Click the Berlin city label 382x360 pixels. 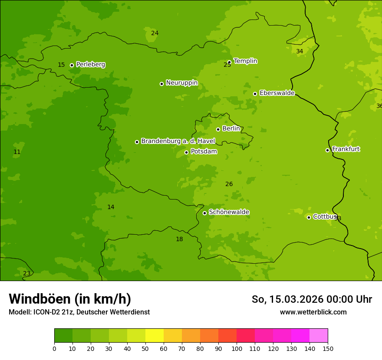231,129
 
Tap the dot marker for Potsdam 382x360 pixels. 187,152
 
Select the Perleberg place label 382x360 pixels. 91,65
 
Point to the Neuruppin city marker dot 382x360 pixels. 161,84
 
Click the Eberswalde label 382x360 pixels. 277,93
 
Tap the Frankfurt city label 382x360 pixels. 346,149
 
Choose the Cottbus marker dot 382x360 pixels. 309,217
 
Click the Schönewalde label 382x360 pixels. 229,212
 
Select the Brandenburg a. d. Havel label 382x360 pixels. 178,141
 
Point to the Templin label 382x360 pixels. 245,61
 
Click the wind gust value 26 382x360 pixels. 229,184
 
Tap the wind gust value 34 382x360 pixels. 300,52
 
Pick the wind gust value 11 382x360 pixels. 17,152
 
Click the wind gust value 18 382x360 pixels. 179,239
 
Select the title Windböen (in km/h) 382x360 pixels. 70,299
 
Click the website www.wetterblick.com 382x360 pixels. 313,312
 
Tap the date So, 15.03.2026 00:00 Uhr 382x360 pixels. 312,299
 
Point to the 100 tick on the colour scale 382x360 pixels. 237,348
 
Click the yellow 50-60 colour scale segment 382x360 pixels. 155,336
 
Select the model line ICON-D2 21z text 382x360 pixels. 79,312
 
